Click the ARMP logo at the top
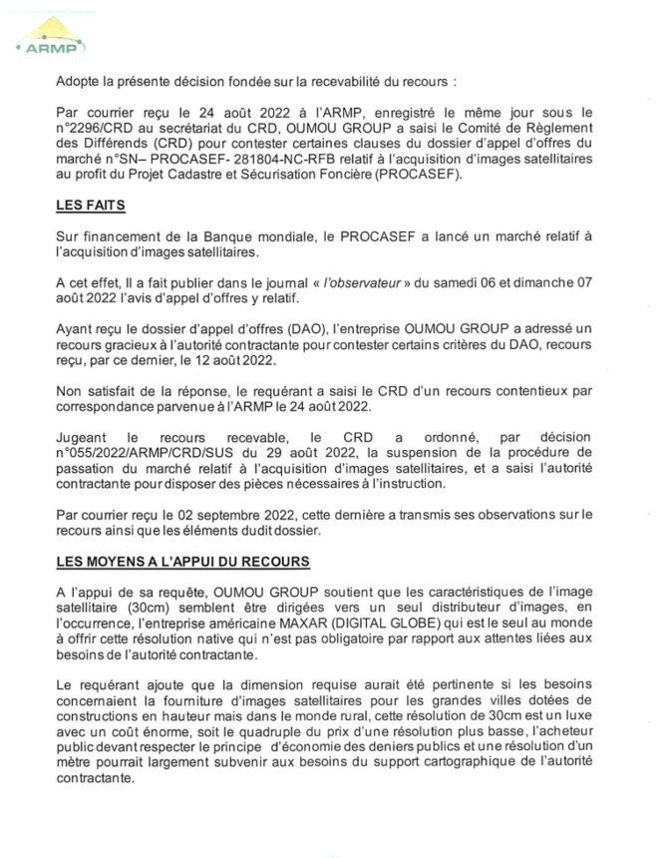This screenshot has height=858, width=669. click(x=52, y=39)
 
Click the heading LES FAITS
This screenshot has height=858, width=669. click(x=93, y=206)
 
